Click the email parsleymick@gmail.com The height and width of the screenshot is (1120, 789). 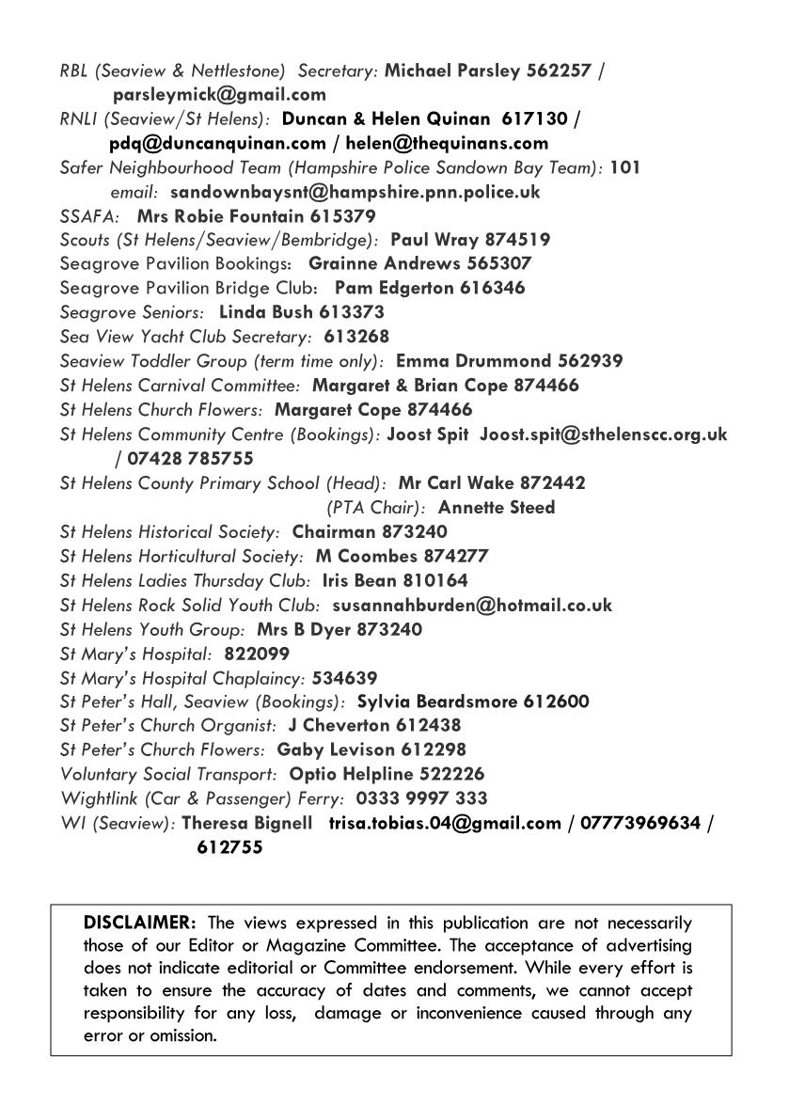tap(219, 94)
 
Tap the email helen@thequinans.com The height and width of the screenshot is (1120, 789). tap(447, 143)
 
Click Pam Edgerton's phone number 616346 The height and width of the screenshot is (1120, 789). tap(491, 289)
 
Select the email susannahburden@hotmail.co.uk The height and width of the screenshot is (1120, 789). tap(472, 605)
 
